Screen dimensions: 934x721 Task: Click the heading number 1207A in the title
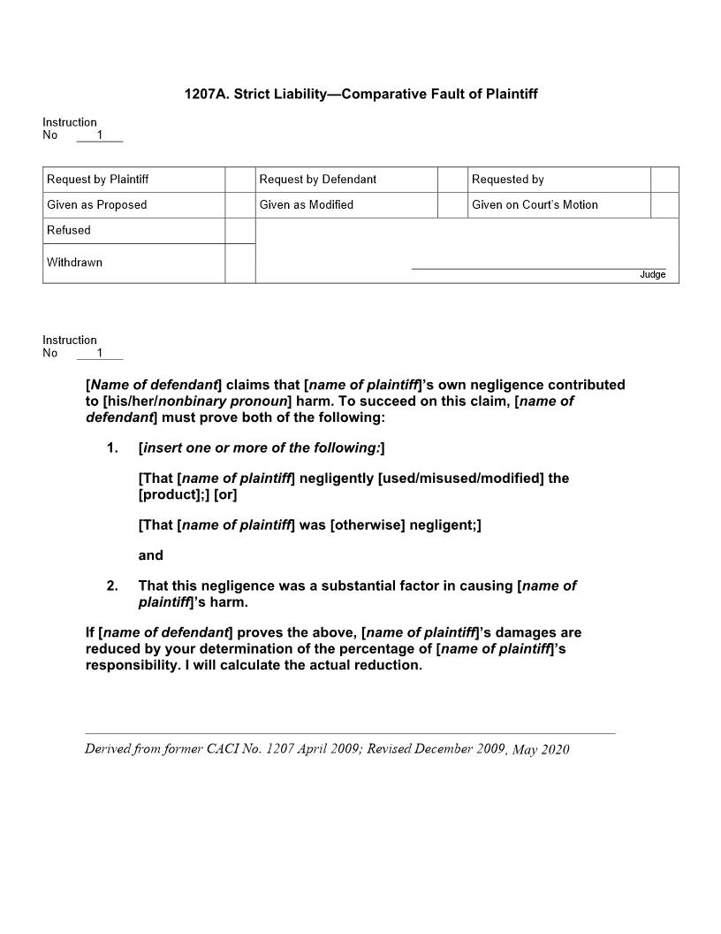[204, 94]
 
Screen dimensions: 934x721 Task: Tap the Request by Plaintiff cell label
[97, 180]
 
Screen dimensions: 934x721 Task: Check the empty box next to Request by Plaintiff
[239, 180]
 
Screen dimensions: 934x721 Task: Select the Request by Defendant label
[317, 180]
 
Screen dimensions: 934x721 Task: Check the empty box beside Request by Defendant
[452, 180]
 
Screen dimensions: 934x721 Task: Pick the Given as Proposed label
[96, 205]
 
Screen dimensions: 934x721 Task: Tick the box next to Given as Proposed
[239, 205]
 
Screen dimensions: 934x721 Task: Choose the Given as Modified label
[306, 205]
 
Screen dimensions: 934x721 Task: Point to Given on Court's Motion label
[535, 205]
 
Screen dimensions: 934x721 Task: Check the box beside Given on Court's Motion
[664, 205]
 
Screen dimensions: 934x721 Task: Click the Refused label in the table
[69, 230]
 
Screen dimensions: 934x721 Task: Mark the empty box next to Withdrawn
[239, 264]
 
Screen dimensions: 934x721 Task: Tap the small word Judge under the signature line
[652, 275]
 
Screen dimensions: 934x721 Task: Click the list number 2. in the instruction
[112, 586]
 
